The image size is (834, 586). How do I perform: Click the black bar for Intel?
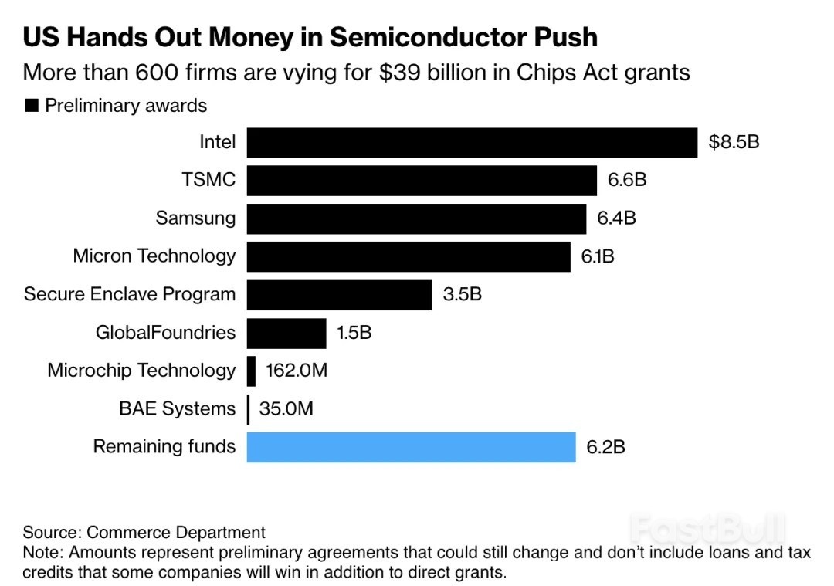click(472, 143)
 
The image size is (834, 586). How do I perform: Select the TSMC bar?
click(422, 181)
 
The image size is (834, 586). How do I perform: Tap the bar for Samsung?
click(416, 218)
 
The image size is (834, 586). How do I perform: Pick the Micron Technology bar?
click(409, 256)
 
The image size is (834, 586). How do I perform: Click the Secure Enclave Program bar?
click(339, 294)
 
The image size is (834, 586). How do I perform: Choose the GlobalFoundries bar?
click(286, 333)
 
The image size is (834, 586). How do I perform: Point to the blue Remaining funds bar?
click(411, 447)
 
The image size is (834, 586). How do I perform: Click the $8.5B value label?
click(734, 142)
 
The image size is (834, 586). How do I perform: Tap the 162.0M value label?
click(297, 371)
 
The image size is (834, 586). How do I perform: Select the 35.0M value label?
click(286, 408)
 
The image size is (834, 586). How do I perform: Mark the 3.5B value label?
click(463, 294)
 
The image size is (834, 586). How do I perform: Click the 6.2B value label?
click(605, 447)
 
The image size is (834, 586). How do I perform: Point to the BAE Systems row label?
click(177, 408)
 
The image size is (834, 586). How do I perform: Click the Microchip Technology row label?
click(141, 371)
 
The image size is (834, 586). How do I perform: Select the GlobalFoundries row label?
click(165, 333)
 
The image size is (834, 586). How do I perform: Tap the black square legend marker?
click(32, 106)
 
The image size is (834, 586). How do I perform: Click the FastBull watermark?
click(707, 530)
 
